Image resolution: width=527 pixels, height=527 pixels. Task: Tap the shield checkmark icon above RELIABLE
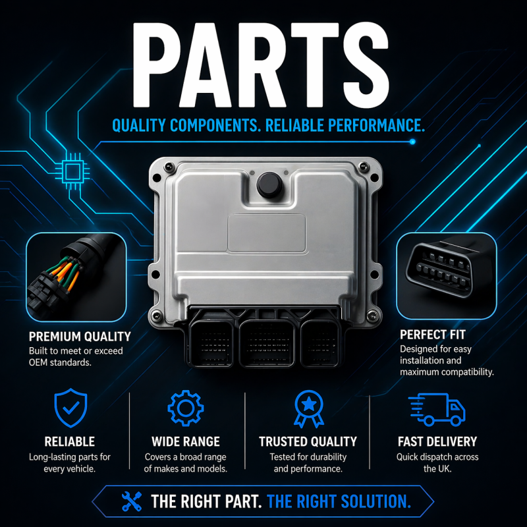pos(70,408)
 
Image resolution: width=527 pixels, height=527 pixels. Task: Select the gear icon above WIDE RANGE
pos(185,408)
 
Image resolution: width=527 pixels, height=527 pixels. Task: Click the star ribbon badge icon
pos(308,409)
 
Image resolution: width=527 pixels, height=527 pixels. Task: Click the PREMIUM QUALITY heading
pos(79,337)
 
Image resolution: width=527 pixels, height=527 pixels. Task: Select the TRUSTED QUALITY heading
pos(308,441)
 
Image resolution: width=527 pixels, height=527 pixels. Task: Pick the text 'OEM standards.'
pos(61,363)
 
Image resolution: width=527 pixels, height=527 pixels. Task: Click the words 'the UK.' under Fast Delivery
pos(437,469)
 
